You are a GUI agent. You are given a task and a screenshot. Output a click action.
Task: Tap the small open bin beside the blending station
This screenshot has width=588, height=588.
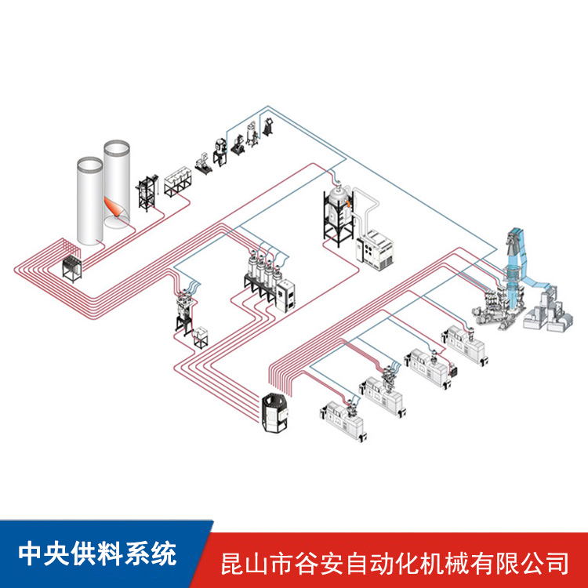201,338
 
